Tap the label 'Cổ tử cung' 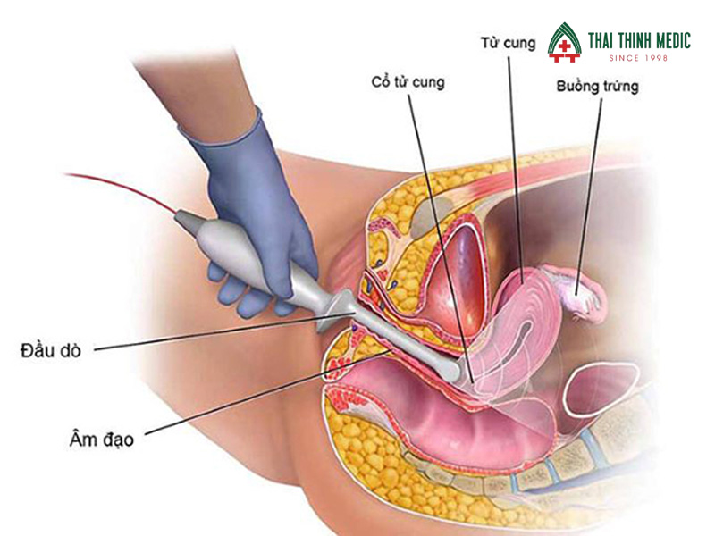coord(408,82)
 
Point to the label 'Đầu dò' coord(52,350)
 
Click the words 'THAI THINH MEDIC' coord(638,40)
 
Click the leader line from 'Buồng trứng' coord(590,179)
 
